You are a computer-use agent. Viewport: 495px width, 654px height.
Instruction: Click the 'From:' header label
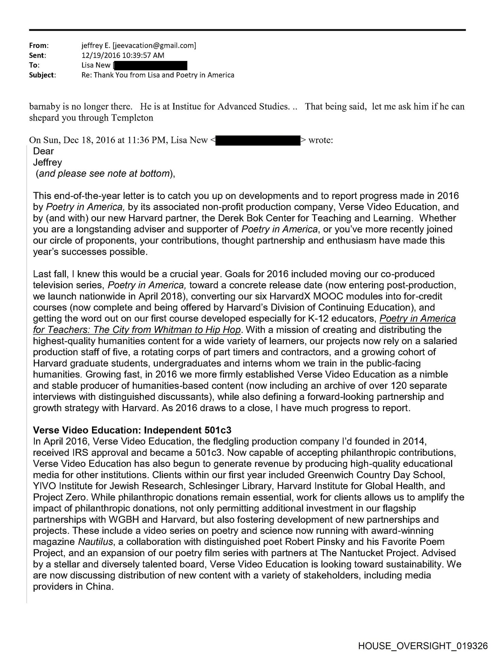pos(39,45)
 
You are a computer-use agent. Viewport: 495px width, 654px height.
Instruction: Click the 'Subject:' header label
pos(43,75)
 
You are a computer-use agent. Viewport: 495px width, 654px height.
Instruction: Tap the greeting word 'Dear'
pos(44,151)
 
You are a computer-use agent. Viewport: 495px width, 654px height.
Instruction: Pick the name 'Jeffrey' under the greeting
pos(48,162)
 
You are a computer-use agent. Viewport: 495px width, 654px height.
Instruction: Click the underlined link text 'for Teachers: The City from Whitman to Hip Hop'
pos(137,330)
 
